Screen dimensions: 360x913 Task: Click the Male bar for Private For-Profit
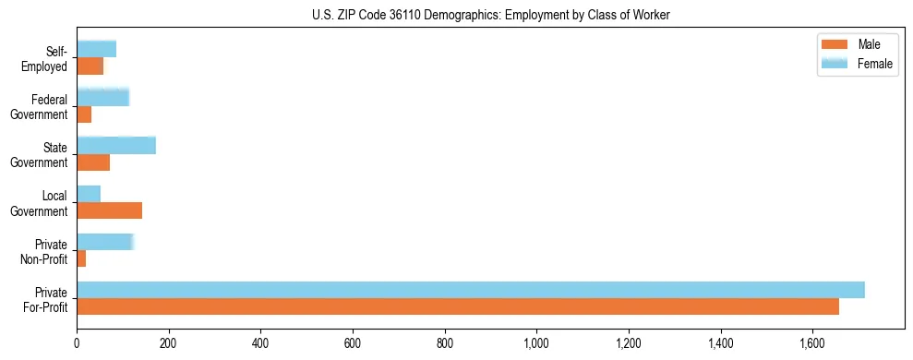pyautogui.click(x=458, y=306)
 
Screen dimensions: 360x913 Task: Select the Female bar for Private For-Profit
pyautogui.click(x=471, y=290)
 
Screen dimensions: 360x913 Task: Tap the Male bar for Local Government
pyautogui.click(x=109, y=210)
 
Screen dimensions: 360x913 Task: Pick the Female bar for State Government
pyautogui.click(x=116, y=146)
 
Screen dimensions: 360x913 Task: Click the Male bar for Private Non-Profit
pyautogui.click(x=81, y=258)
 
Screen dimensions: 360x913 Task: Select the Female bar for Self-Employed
pyautogui.click(x=96, y=49)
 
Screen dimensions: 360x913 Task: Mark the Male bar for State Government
pyautogui.click(x=93, y=162)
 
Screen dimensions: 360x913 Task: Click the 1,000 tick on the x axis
pyautogui.click(x=536, y=342)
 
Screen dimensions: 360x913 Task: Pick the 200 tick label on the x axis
pyautogui.click(x=169, y=342)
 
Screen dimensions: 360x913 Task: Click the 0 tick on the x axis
pyautogui.click(x=77, y=342)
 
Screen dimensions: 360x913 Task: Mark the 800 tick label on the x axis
pyautogui.click(x=445, y=342)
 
